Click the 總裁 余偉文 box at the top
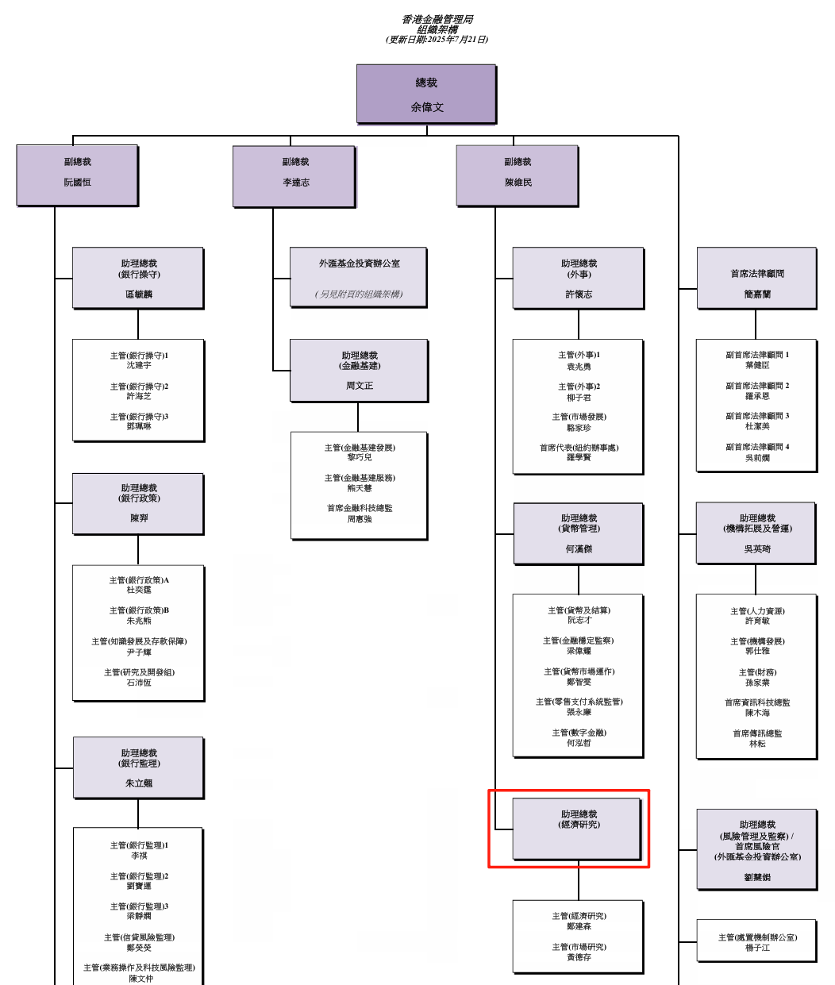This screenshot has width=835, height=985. tap(426, 94)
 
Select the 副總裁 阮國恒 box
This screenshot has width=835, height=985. tap(78, 175)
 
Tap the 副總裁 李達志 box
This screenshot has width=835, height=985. tap(294, 176)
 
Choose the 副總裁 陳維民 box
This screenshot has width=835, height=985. tap(518, 176)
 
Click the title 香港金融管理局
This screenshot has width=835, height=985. tap(437, 19)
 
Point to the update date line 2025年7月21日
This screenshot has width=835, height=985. tap(437, 40)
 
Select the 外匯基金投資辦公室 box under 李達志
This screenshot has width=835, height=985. tap(359, 277)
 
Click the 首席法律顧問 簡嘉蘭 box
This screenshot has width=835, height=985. tap(757, 278)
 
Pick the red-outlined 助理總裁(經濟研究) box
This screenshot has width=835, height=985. tap(578, 829)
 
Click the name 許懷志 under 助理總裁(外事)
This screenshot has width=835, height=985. tap(579, 294)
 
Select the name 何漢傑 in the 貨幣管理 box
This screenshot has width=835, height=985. tap(579, 549)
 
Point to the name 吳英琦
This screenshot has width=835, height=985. tap(757, 549)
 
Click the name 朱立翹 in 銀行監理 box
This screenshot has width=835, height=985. tap(139, 783)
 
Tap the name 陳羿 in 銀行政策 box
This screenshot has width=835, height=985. tap(139, 518)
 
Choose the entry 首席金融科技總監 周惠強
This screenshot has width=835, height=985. tap(360, 514)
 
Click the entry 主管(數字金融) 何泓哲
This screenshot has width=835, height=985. tap(579, 738)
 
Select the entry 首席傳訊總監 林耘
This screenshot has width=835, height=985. tap(757, 739)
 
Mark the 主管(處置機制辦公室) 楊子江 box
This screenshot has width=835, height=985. tap(757, 942)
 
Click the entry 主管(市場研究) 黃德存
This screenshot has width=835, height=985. tap(579, 952)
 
